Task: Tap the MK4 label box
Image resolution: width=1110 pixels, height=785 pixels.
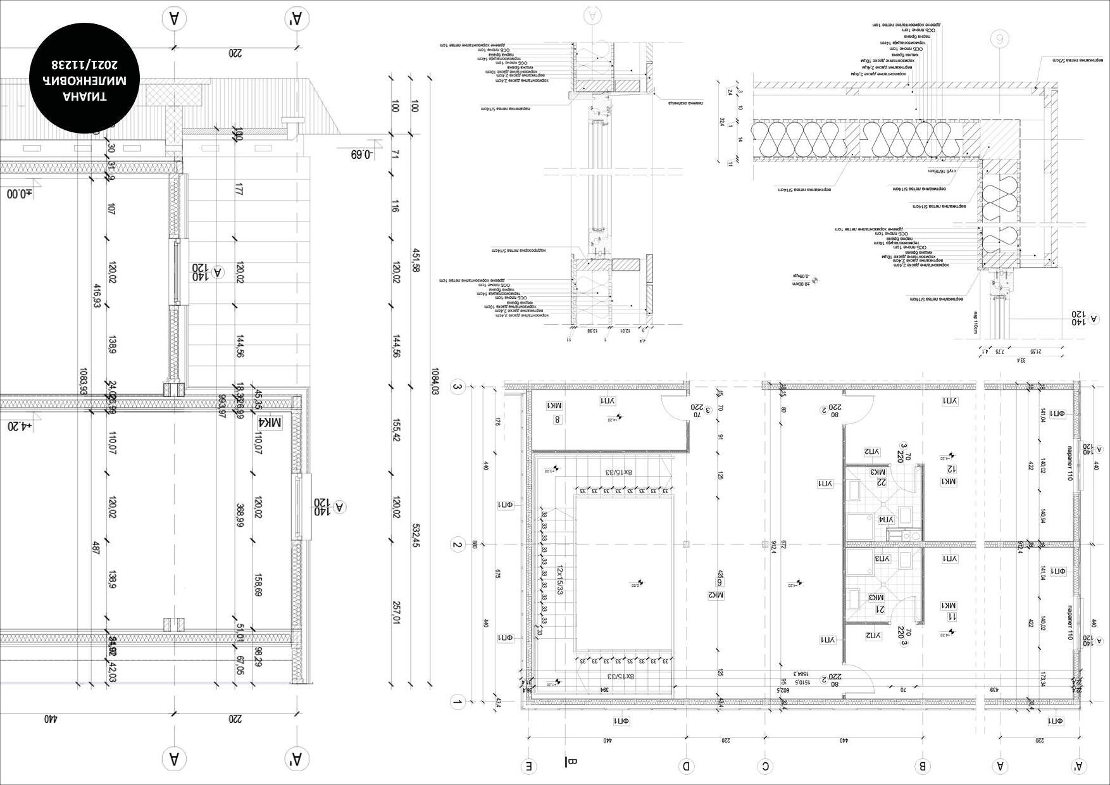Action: (271, 422)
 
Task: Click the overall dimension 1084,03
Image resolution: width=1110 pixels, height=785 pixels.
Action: (434, 381)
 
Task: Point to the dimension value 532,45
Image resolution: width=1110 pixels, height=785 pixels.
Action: (416, 535)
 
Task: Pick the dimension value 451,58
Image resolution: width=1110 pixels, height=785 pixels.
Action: (416, 260)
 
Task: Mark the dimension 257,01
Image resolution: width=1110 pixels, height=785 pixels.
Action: (396, 612)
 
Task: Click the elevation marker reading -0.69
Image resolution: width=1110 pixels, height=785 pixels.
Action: (362, 154)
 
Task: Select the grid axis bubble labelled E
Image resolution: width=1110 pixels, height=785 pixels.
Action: (529, 767)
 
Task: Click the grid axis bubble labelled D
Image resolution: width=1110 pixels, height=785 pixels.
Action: (686, 767)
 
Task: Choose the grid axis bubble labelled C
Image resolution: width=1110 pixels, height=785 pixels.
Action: (765, 767)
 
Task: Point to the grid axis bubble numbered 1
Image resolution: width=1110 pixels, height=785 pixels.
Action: (457, 702)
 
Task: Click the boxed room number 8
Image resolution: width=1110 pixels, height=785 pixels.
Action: (557, 419)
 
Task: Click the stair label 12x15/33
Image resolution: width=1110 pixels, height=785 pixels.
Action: (559, 580)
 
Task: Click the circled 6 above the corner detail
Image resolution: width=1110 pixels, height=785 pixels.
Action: (1000, 39)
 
